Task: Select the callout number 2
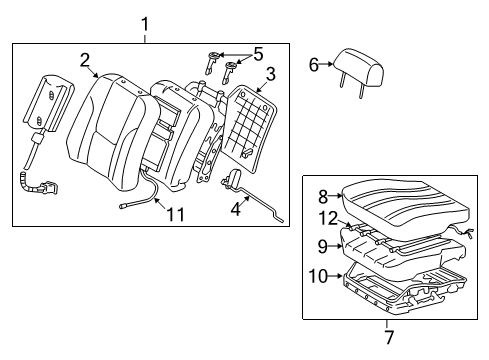click(86, 59)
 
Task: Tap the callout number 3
click(270, 74)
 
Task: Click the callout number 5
click(257, 53)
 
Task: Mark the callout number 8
click(323, 197)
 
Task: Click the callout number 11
click(176, 214)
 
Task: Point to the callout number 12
click(327, 219)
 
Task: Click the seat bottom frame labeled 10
click(400, 290)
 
